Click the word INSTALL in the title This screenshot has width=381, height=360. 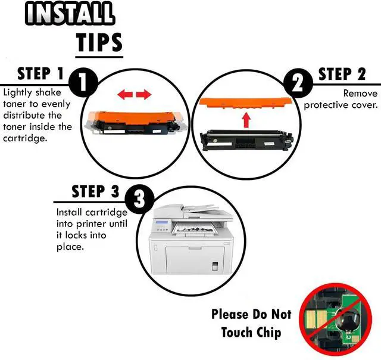pyautogui.click(x=70, y=13)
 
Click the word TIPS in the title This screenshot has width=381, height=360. pyautogui.click(x=99, y=42)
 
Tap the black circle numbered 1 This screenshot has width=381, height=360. pyautogui.click(x=83, y=83)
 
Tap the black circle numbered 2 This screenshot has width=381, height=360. pyautogui.click(x=298, y=83)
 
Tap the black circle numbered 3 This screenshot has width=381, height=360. pyautogui.click(x=139, y=200)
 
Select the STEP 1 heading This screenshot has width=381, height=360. pyautogui.click(x=40, y=74)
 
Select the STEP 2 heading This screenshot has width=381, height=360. pyautogui.click(x=342, y=74)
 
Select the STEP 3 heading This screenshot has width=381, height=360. pyautogui.click(x=95, y=191)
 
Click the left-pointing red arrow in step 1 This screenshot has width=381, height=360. pyautogui.click(x=125, y=94)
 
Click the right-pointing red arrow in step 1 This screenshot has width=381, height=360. pyautogui.click(x=143, y=94)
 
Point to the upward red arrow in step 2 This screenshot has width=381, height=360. pyautogui.click(x=246, y=120)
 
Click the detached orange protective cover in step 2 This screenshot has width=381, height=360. pyautogui.click(x=245, y=103)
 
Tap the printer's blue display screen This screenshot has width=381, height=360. pyautogui.click(x=161, y=222)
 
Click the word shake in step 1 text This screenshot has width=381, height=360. pyautogui.click(x=48, y=92)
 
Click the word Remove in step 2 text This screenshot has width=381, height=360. pyautogui.click(x=360, y=94)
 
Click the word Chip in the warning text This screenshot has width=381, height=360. pyautogui.click(x=268, y=333)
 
